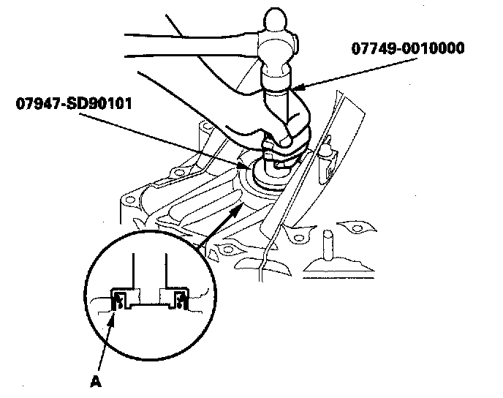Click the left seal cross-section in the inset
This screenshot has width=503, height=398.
click(x=118, y=298)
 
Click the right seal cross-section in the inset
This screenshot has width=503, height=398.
click(x=178, y=298)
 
